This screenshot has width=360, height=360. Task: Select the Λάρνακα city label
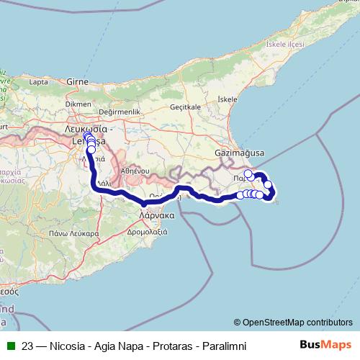click(x=158, y=215)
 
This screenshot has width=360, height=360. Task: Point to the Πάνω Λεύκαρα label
click(x=54, y=233)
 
